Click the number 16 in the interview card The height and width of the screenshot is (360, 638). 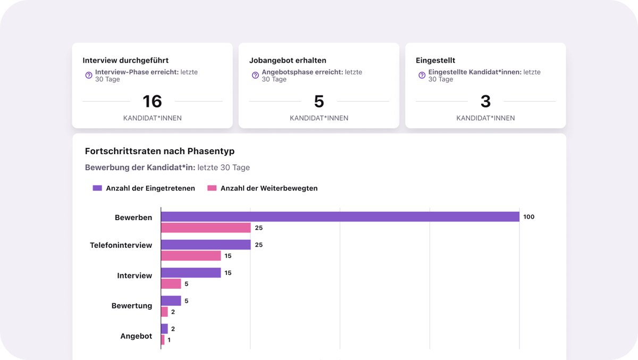pyautogui.click(x=152, y=101)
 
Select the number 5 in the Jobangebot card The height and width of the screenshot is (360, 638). pyautogui.click(x=319, y=101)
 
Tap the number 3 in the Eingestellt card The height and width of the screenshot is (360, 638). pyautogui.click(x=485, y=101)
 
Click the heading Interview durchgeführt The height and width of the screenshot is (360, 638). pyautogui.click(x=125, y=61)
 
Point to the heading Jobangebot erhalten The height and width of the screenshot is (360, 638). pyautogui.click(x=288, y=61)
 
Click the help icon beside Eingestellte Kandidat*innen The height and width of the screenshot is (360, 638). pyautogui.click(x=422, y=76)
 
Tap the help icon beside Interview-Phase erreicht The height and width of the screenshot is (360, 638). pyautogui.click(x=89, y=76)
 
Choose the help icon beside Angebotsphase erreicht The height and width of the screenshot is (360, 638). pyautogui.click(x=255, y=76)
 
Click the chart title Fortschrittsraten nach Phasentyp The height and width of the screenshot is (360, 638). pyautogui.click(x=159, y=152)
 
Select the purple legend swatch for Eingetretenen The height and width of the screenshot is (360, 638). pyautogui.click(x=97, y=188)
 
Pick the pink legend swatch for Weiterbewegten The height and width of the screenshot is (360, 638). pyautogui.click(x=212, y=188)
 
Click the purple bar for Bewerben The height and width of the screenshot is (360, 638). pyautogui.click(x=340, y=216)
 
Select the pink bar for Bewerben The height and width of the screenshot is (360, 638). pyautogui.click(x=206, y=228)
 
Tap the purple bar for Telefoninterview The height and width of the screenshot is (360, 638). pyautogui.click(x=206, y=245)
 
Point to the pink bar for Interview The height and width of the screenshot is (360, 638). pyautogui.click(x=171, y=284)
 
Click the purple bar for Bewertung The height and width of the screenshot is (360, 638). pyautogui.click(x=171, y=301)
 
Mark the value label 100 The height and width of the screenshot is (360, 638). pyautogui.click(x=528, y=217)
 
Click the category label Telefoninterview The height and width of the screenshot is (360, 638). pyautogui.click(x=121, y=245)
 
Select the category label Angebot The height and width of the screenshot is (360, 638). pyautogui.click(x=136, y=336)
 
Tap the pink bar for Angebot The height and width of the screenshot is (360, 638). pyautogui.click(x=163, y=340)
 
